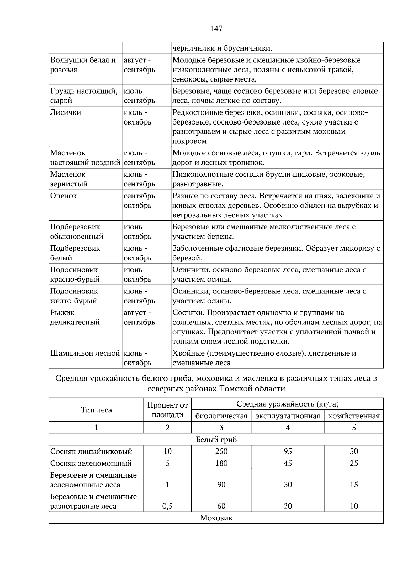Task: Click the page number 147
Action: tap(216, 29)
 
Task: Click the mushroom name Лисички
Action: tap(66, 113)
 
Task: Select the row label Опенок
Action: tap(64, 196)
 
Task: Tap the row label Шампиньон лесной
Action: tap(85, 353)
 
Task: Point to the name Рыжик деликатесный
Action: tap(75, 317)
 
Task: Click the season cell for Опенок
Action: tap(141, 201)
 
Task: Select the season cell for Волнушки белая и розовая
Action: tap(139, 65)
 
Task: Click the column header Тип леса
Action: tap(96, 410)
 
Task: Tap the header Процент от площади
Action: tap(168, 410)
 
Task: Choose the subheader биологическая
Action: tap(221, 416)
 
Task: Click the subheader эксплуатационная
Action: tap(288, 416)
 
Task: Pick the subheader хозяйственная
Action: tap(354, 416)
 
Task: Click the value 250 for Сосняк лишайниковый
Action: tap(221, 452)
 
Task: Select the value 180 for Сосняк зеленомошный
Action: tap(221, 463)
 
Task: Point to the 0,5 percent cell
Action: tap(168, 506)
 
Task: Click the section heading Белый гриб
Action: tap(216, 440)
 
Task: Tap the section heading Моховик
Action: tap(216, 518)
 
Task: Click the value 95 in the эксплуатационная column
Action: tap(288, 452)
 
